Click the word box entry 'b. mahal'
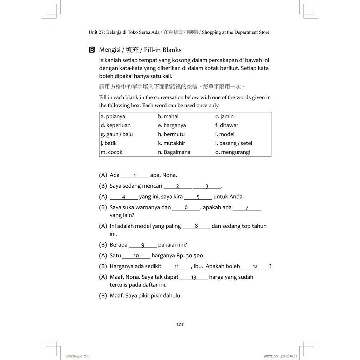pos(168,116)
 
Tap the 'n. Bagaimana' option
pos(174,152)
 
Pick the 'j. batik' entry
pos(109,143)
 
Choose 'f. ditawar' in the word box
pos(227,125)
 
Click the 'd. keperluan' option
pos(115,125)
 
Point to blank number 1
pos(135,175)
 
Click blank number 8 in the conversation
pos(196,226)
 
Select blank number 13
pos(194,277)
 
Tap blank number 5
pos(198,197)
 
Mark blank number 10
pos(136,256)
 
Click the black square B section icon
pos(92,50)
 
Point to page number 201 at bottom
pos(180,324)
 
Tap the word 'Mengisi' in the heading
pos(109,50)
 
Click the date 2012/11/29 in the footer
pos(271,356)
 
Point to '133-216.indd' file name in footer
pos(73,356)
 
